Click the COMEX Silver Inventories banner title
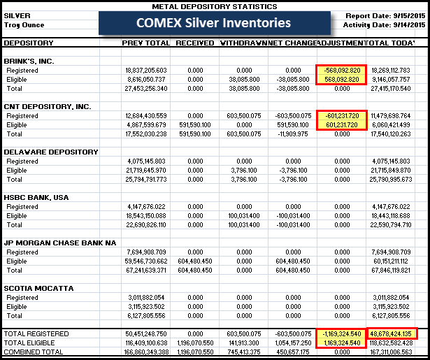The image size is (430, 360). click(213, 23)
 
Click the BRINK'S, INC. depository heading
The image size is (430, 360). click(29, 61)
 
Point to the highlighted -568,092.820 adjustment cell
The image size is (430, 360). click(341, 71)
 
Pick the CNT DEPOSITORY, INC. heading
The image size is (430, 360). click(46, 106)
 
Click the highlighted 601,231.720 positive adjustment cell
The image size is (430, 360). click(341, 124)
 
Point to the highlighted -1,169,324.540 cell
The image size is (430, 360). click(341, 333)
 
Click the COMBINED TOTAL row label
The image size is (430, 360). click(31, 352)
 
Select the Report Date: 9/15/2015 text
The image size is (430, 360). click(385, 15)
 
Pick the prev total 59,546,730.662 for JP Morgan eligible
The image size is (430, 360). click(145, 261)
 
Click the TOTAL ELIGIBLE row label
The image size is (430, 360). click(30, 343)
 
